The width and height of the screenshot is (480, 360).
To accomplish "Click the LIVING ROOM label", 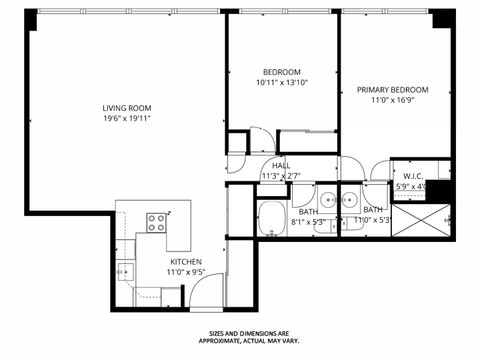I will pos(126,108).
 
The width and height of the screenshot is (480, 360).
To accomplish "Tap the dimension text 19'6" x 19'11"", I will pos(126,118).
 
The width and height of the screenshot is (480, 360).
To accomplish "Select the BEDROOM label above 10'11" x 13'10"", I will pos(282,72).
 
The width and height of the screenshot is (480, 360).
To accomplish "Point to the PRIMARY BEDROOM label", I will pos(393,90).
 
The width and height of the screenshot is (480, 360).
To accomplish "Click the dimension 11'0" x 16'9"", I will pos(393,100).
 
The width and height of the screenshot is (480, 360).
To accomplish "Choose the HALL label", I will pos(281,166).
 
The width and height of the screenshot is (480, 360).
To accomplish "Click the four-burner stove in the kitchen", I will pos(157,223).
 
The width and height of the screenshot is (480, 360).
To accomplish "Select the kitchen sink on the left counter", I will pos(123,271).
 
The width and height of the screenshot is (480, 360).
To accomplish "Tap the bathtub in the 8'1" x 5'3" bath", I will pos(272,219).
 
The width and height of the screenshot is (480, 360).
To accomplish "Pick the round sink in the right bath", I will pos(351,197).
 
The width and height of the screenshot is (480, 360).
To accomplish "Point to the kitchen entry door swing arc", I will pos(203,292).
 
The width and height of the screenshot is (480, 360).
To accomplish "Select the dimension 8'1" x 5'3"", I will pos(308,221).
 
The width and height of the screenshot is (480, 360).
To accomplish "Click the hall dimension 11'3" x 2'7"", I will pos(281,176).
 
